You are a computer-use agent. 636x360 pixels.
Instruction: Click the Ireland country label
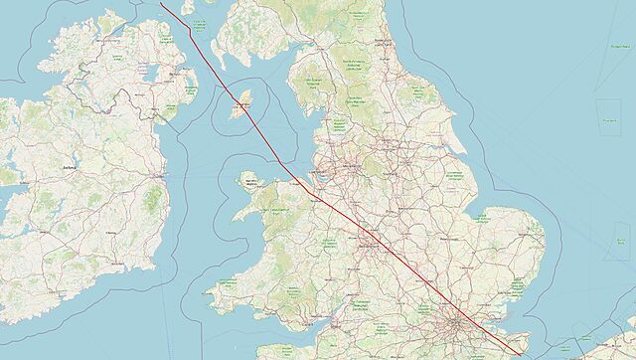(69, 168)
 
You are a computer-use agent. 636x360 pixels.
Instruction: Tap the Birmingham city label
(369, 244)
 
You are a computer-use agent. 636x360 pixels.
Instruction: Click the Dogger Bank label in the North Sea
(607, 119)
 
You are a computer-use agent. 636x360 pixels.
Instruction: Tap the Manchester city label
(354, 169)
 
